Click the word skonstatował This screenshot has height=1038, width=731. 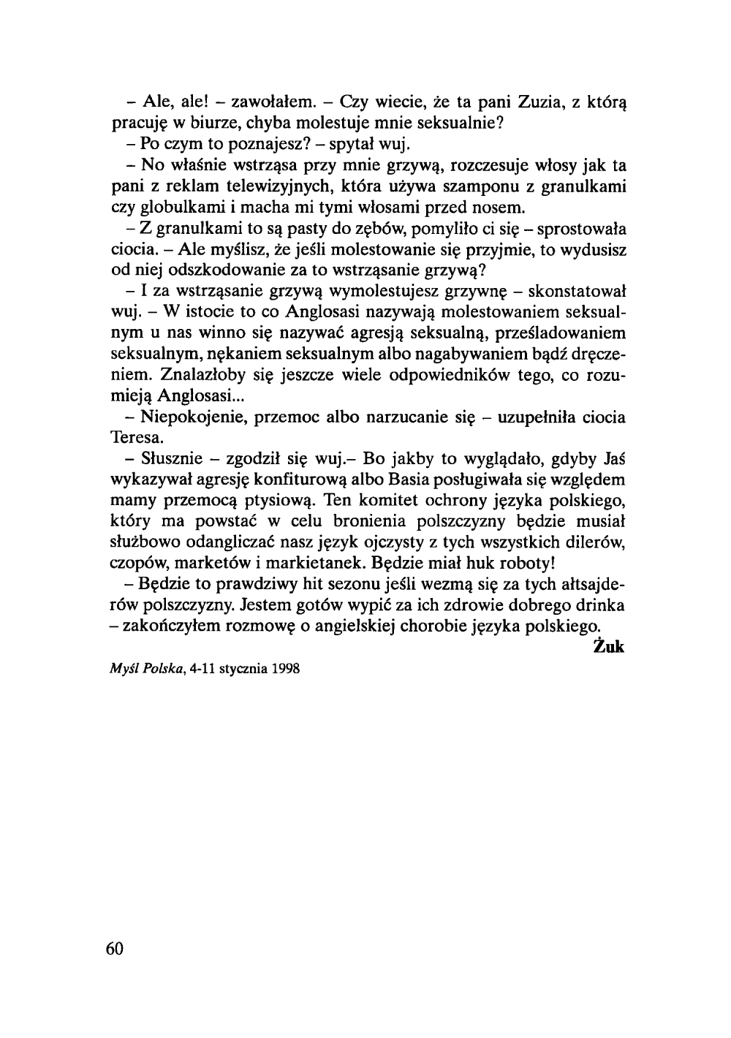(x=569, y=292)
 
